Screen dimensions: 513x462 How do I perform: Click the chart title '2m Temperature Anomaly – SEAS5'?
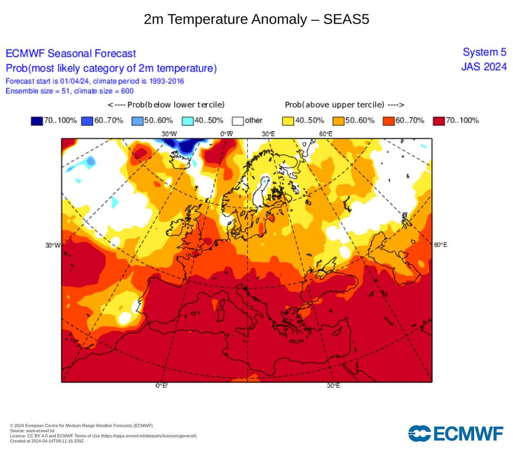pos(256,19)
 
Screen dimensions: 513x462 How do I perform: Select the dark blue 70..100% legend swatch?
pos(36,121)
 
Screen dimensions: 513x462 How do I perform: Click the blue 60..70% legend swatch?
pos(87,121)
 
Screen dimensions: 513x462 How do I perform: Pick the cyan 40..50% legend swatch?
pos(188,121)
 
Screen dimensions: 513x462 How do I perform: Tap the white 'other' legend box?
pos(238,121)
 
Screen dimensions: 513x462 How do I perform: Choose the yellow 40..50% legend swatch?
pos(288,121)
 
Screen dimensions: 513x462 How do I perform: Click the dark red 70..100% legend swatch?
pos(439,121)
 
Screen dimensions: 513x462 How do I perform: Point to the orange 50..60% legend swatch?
pos(338,121)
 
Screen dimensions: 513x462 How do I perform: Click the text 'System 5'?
pos(485,52)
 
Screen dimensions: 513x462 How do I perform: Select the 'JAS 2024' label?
pos(484,67)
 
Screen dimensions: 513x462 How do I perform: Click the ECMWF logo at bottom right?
pos(456,434)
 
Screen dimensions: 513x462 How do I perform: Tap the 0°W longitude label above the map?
pos(226,134)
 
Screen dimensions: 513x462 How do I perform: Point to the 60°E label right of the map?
pos(441,245)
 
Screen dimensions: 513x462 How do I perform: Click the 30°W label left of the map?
pos(53,245)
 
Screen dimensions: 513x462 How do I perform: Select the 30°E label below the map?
pos(333,386)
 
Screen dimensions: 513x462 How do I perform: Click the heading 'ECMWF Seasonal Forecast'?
pos(71,54)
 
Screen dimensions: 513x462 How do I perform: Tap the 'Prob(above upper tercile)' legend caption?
pos(334,105)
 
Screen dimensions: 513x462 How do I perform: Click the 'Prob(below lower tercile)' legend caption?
pos(176,105)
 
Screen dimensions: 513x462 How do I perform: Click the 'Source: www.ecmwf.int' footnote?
pos(32,431)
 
